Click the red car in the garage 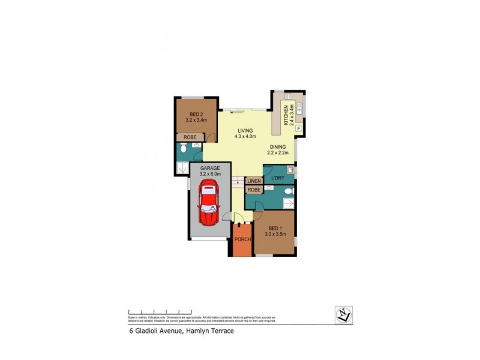point(208,203)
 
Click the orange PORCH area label point(242,239)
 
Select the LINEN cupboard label point(254,180)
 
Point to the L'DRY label point(277,178)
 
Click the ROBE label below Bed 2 point(190,137)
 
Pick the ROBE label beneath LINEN point(254,190)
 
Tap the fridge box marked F point(299,128)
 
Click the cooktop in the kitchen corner point(288,97)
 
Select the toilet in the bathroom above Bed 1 point(289,191)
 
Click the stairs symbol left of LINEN point(238,180)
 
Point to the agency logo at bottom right point(343,315)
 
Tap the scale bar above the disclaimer point(160,313)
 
